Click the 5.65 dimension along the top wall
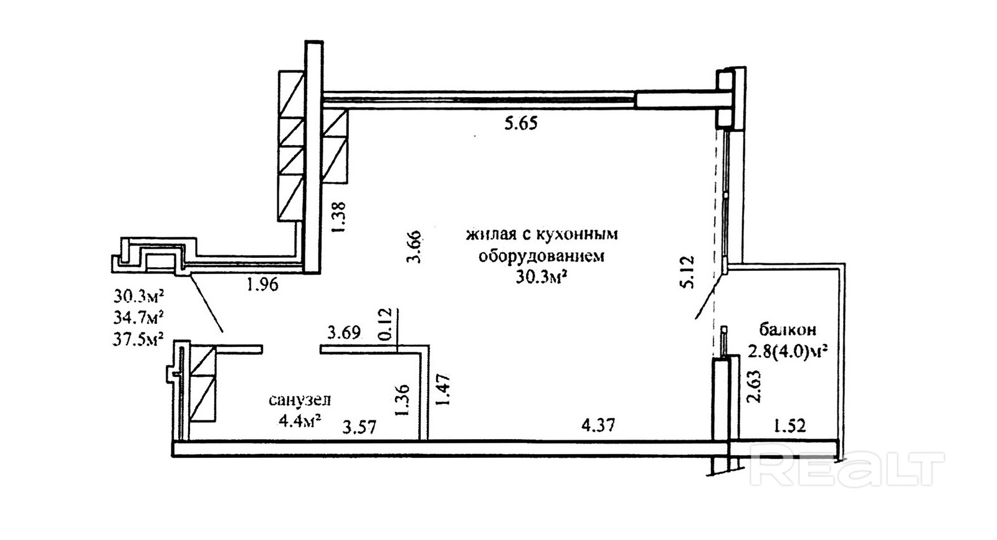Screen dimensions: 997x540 point(520,124)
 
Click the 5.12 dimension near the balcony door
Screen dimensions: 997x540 point(686,272)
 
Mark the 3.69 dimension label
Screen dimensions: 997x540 point(344,333)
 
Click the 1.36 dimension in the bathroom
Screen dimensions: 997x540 point(402,400)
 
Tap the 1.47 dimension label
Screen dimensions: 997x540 point(442,390)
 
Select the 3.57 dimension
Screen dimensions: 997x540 point(360,427)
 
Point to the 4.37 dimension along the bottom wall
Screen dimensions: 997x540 point(598,425)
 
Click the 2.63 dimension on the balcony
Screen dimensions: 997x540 point(754,387)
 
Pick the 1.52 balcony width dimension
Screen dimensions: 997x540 point(789,426)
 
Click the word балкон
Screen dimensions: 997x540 point(788,329)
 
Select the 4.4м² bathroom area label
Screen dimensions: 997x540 point(300,420)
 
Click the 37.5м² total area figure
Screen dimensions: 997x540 point(139,338)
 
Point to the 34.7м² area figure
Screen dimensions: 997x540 point(139,317)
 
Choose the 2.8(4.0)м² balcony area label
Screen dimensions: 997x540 point(788,352)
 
